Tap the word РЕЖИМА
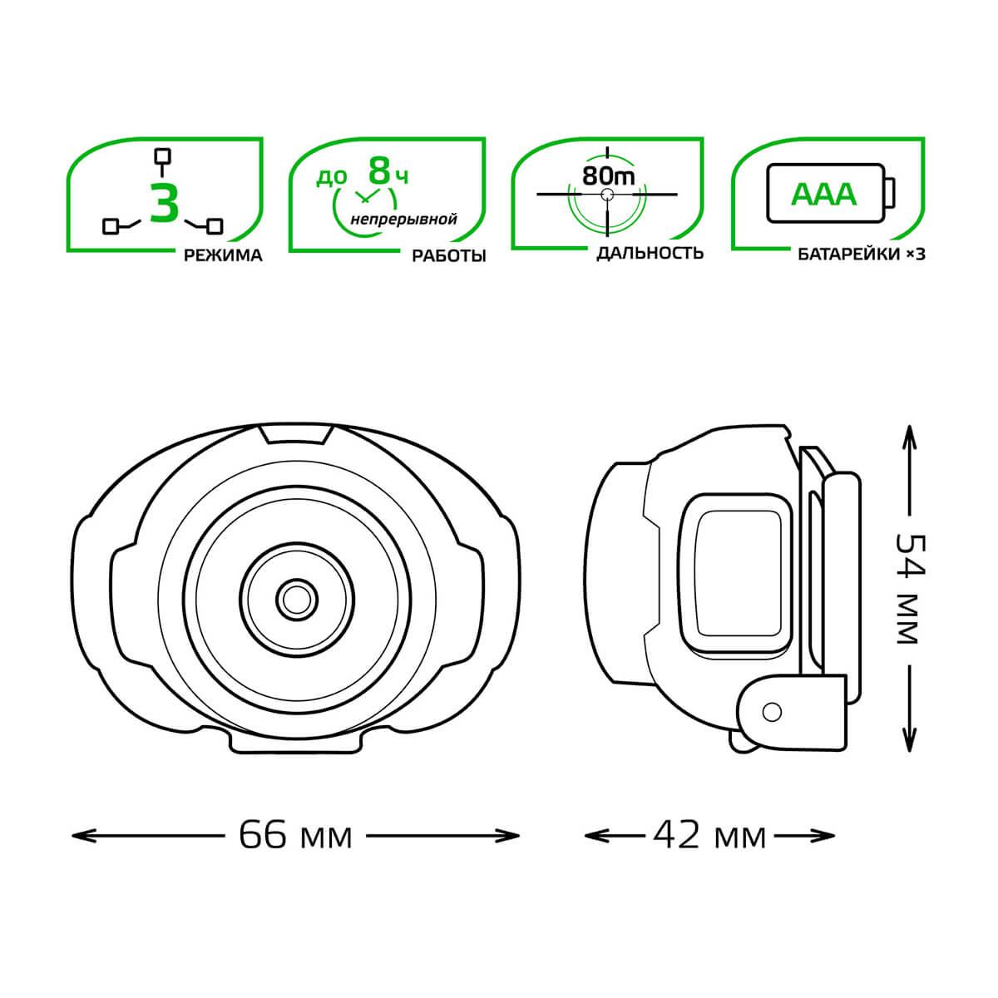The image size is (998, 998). tap(223, 255)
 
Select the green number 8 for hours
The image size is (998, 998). tap(380, 171)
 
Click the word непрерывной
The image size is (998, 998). tap(404, 219)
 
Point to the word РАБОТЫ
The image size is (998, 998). tap(449, 255)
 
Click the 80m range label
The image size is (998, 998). tap(608, 176)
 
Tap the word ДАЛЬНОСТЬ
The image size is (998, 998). tap(650, 254)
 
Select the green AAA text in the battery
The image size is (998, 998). tap(824, 195)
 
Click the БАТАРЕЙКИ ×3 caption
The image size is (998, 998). tap(862, 254)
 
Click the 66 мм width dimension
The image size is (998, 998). tap(295, 835)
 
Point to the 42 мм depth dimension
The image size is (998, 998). tap(709, 835)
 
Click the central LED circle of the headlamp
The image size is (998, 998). tap(297, 599)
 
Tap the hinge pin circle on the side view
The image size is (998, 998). tap(772, 712)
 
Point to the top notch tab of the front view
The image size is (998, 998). tap(296, 434)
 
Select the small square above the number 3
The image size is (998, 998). tap(164, 156)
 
